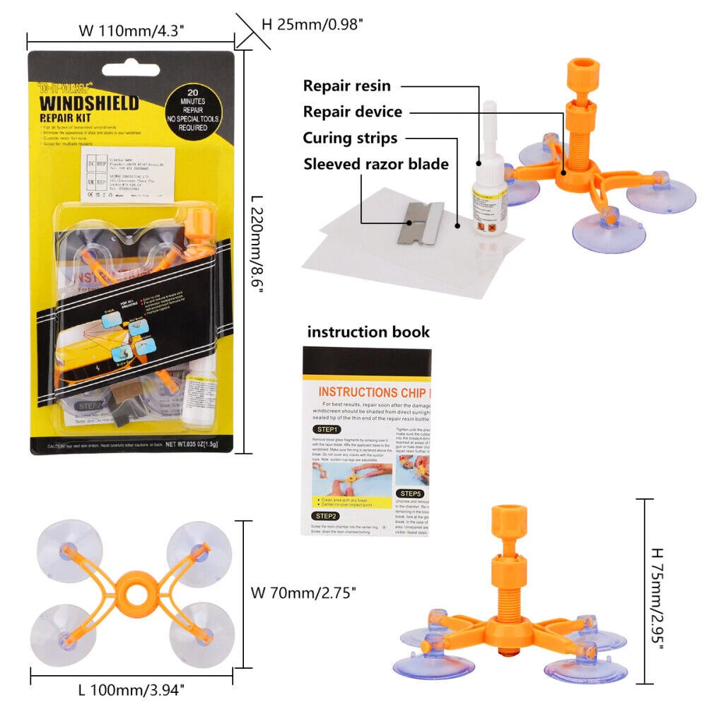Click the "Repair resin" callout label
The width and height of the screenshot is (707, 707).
[346, 86]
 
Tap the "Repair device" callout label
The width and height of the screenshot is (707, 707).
[352, 112]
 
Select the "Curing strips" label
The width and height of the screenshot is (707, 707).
[350, 138]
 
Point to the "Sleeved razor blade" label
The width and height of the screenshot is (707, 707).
[376, 164]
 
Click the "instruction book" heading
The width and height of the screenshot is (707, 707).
[368, 332]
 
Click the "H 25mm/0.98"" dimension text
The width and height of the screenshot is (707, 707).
[312, 24]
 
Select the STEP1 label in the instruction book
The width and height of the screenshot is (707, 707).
[327, 429]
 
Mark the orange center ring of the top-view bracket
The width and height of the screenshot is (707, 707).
[134, 593]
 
